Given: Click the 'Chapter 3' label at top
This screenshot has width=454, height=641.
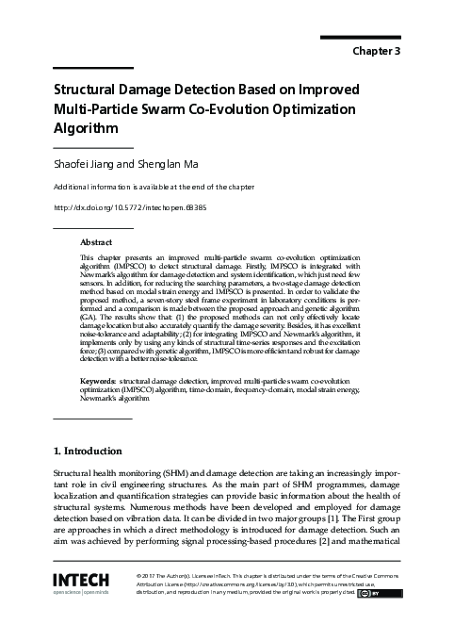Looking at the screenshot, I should pos(377,51).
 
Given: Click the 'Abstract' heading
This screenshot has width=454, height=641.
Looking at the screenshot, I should pos(96,242).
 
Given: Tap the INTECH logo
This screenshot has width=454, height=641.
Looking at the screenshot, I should pos(81,578).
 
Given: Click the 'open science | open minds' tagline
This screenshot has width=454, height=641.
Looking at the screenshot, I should pos(81,594).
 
